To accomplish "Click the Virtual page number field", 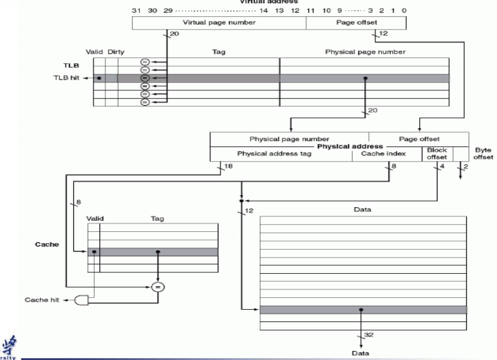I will tap(219, 23).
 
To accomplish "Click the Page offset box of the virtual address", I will tap(356, 23).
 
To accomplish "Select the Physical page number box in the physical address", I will tap(289, 139).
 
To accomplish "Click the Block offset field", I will tap(436, 154).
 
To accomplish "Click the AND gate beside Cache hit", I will tap(82, 301).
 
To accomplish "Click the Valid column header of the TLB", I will tap(96, 51).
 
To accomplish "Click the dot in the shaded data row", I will tap(362, 310).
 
